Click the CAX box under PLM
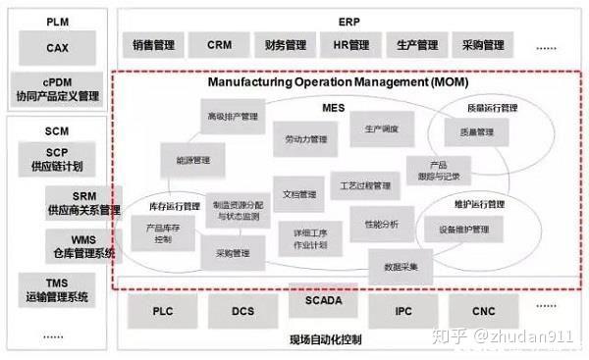[x=56, y=46]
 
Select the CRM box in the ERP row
[x=220, y=45]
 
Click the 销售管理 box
[x=155, y=45]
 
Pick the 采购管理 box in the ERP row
[x=481, y=45]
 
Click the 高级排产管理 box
[x=232, y=116]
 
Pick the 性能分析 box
[x=381, y=224]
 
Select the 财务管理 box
[x=285, y=45]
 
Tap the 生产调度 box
[x=381, y=129]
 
